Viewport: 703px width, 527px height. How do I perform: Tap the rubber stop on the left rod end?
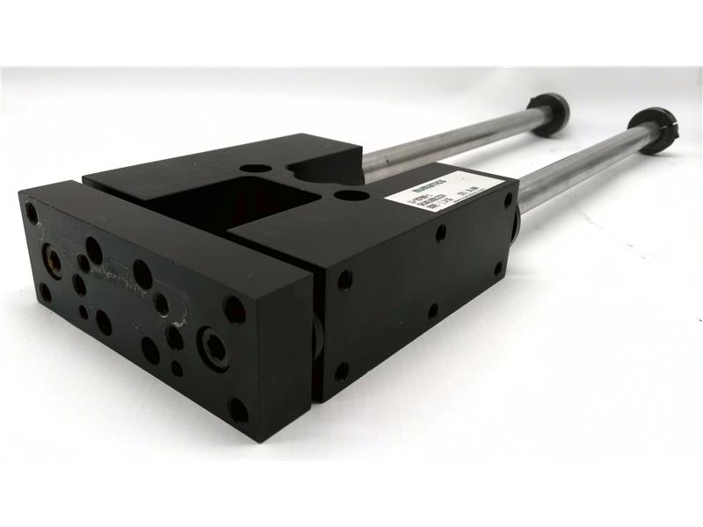tap(548, 113)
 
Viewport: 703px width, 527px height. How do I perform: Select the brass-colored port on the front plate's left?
tap(52, 260)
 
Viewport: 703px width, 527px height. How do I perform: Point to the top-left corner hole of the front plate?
tap(33, 213)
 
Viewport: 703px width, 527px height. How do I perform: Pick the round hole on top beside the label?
tap(352, 196)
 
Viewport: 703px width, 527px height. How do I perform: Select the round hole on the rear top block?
tap(255, 168)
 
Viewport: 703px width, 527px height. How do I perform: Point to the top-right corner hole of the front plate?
tap(235, 308)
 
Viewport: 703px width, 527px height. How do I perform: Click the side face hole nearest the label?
tap(440, 233)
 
